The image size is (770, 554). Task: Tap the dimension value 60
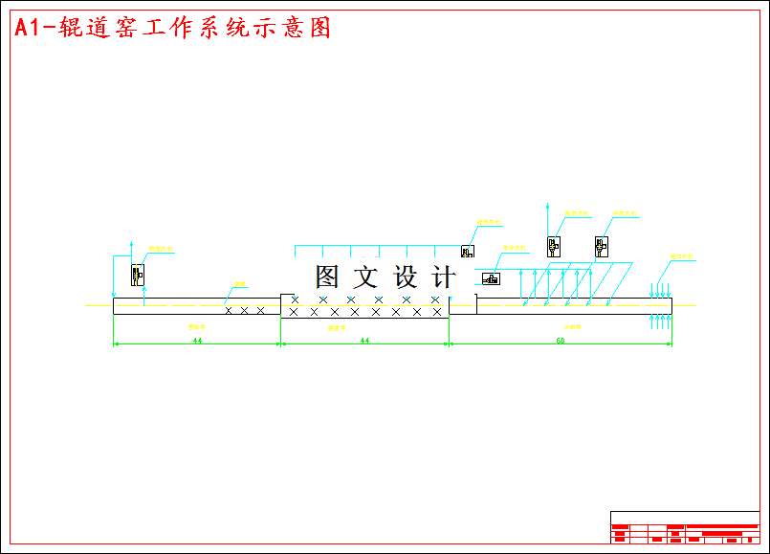click(x=561, y=340)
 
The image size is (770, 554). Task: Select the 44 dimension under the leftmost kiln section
click(x=197, y=340)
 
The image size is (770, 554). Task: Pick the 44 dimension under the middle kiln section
click(x=364, y=340)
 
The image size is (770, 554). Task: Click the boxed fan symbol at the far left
click(x=138, y=275)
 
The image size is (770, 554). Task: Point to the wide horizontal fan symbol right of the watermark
click(x=491, y=278)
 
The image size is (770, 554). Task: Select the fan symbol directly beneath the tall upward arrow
click(x=554, y=246)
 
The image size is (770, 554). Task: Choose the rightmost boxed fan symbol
click(x=601, y=247)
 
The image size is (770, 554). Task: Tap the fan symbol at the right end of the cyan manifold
click(x=467, y=252)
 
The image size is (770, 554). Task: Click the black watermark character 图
click(x=328, y=277)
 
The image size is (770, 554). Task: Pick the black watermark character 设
click(x=406, y=277)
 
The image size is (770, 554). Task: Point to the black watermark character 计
click(x=444, y=277)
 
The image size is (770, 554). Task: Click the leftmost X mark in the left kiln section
click(x=228, y=310)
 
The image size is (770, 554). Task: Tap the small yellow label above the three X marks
click(x=241, y=284)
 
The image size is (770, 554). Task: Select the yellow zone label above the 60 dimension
click(x=572, y=327)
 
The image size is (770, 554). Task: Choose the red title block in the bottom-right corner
click(x=685, y=527)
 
